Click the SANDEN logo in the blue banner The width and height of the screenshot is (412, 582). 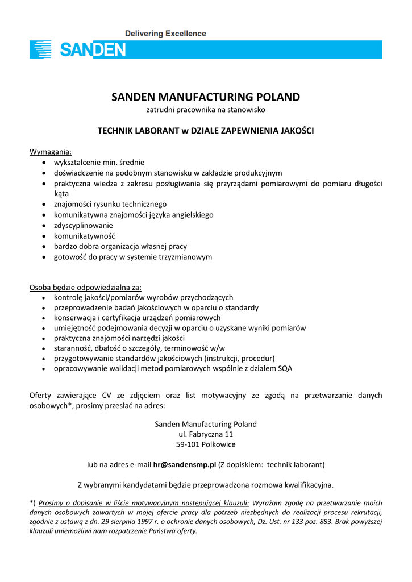click(78, 49)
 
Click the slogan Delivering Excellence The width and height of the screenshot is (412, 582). click(165, 34)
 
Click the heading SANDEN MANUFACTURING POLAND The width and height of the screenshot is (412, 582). click(205, 97)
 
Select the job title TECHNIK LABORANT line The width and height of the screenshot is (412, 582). click(205, 131)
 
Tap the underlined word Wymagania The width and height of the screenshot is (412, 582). click(51, 152)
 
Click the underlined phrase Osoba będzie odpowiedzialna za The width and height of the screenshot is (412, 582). click(85, 287)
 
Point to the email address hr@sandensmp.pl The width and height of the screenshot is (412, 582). click(185, 464)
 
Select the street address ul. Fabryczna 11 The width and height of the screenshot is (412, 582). click(206, 434)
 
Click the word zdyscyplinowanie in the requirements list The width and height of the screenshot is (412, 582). click(84, 225)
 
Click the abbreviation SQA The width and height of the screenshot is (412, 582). click(285, 369)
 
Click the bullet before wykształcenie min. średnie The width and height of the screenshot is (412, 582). click(45, 163)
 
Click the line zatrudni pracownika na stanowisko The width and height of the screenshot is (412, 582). click(206, 110)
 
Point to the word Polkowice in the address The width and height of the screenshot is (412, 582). click(219, 444)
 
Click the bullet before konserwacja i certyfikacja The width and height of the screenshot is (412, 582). click(45, 318)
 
